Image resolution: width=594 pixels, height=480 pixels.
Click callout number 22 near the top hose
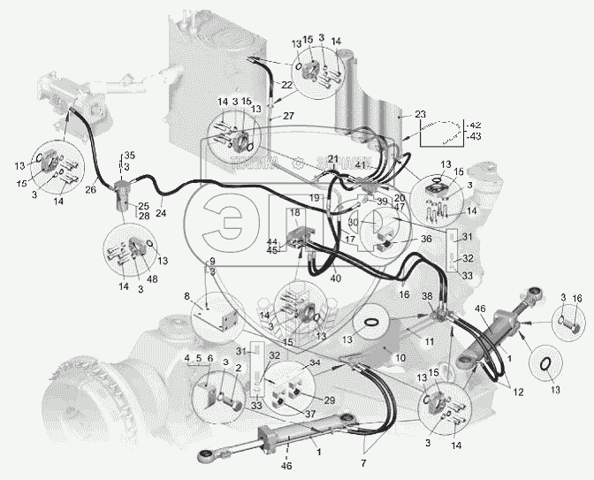(286, 84)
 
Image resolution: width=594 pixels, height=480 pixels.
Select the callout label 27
(287, 115)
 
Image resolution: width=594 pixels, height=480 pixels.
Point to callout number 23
(419, 113)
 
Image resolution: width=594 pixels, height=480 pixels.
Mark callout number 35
(130, 156)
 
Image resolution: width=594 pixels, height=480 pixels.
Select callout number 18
(295, 214)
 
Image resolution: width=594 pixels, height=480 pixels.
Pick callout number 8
(187, 296)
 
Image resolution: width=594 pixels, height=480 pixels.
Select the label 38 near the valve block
(427, 297)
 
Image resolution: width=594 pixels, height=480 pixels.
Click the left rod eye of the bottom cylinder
(205, 457)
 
